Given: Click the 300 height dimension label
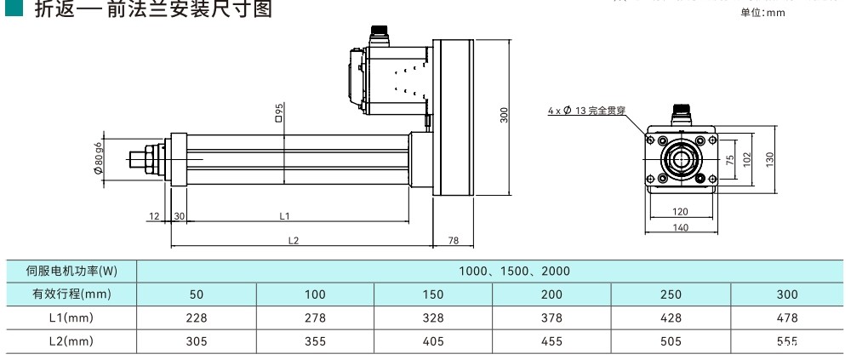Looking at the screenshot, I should click(504, 117).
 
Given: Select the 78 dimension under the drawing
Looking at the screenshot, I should click(454, 241).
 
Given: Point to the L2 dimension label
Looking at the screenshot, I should click(293, 241).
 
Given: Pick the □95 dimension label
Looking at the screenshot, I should click(279, 111).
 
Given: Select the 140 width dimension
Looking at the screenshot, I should click(681, 228).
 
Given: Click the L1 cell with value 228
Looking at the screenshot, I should click(197, 317).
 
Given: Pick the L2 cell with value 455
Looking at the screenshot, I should click(551, 341).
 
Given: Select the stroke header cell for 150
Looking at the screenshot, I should click(433, 294).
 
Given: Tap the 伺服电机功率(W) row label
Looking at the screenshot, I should click(71, 271).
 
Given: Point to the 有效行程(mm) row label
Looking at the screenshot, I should click(71, 294).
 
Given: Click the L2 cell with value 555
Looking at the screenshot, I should click(787, 341).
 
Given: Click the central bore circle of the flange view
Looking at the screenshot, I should click(680, 159).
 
